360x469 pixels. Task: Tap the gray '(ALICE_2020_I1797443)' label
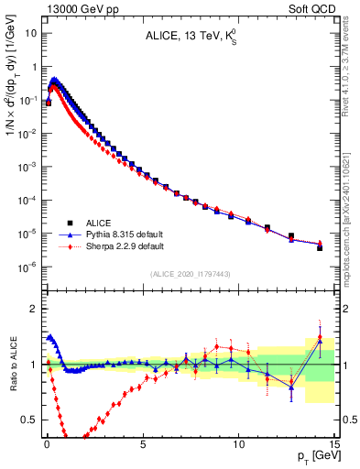point(189,275)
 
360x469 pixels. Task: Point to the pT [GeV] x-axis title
point(314,456)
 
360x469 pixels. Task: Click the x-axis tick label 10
point(238,443)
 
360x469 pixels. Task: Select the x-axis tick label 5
point(143,443)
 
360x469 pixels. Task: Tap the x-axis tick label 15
point(333,443)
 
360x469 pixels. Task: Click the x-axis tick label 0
point(47,443)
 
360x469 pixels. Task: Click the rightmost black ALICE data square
point(320,247)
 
